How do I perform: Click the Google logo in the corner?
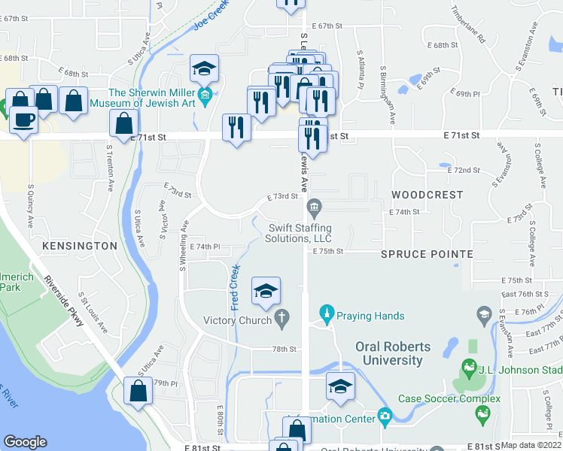coord(26,442)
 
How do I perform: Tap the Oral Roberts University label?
coord(389,353)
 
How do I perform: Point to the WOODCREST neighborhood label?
coord(428,195)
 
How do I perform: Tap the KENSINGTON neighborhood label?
coord(80,246)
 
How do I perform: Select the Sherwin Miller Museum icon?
coord(206,95)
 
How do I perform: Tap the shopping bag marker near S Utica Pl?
coord(138,392)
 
